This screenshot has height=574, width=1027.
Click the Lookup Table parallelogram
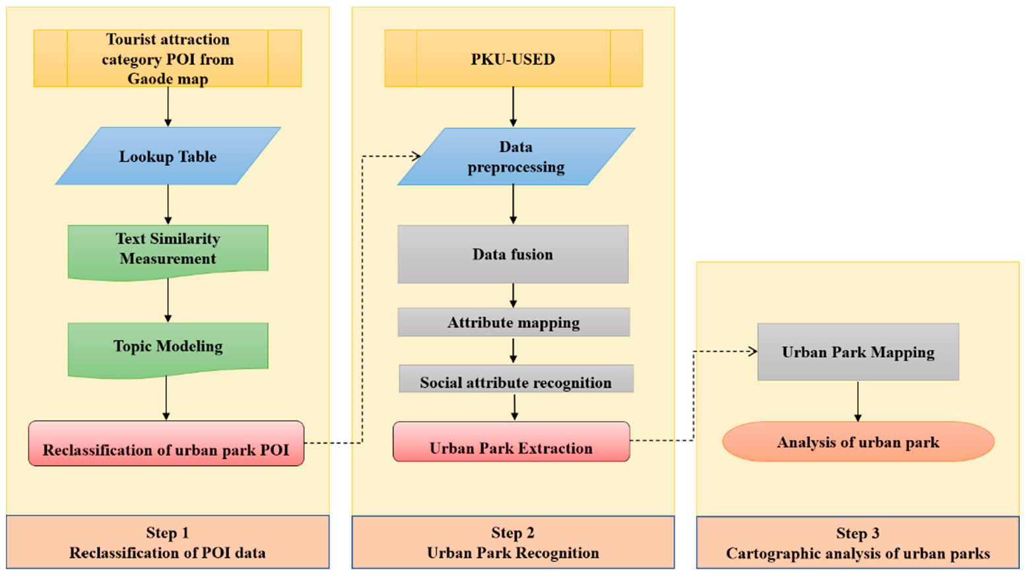click(168, 156)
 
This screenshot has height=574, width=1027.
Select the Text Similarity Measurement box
click(168, 249)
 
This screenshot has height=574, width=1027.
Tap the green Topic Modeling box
click(168, 347)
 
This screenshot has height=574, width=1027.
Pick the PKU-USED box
click(513, 59)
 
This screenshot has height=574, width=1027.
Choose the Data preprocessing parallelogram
click(515, 157)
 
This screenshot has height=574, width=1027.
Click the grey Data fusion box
click(513, 255)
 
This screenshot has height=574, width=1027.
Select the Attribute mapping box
click(513, 323)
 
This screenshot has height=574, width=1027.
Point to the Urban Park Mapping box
click(858, 352)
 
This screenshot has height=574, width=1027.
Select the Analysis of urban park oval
click(858, 442)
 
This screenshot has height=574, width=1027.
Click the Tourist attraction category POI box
click(168, 59)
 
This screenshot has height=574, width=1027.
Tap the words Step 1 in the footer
click(168, 533)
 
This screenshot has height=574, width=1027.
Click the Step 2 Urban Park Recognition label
click(513, 543)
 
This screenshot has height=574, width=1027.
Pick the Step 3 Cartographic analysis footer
click(858, 544)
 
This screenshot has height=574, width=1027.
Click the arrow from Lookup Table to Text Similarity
click(168, 205)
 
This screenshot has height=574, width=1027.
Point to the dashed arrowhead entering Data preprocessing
click(416, 156)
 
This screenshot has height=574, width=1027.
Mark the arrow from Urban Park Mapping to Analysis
click(857, 400)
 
